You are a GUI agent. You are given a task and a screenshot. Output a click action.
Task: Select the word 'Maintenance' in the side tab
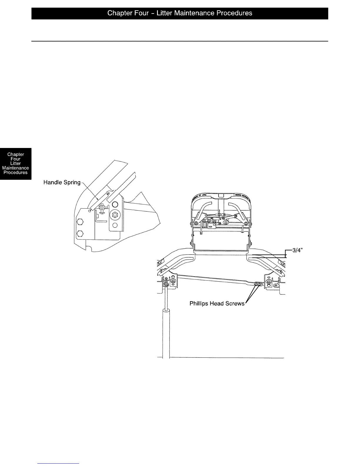coord(16,168)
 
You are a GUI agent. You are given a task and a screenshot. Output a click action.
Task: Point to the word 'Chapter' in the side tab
coord(16,154)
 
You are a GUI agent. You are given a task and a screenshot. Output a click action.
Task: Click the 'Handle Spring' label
coord(62,182)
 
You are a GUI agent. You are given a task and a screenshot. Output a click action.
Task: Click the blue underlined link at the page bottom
coord(59,464)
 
